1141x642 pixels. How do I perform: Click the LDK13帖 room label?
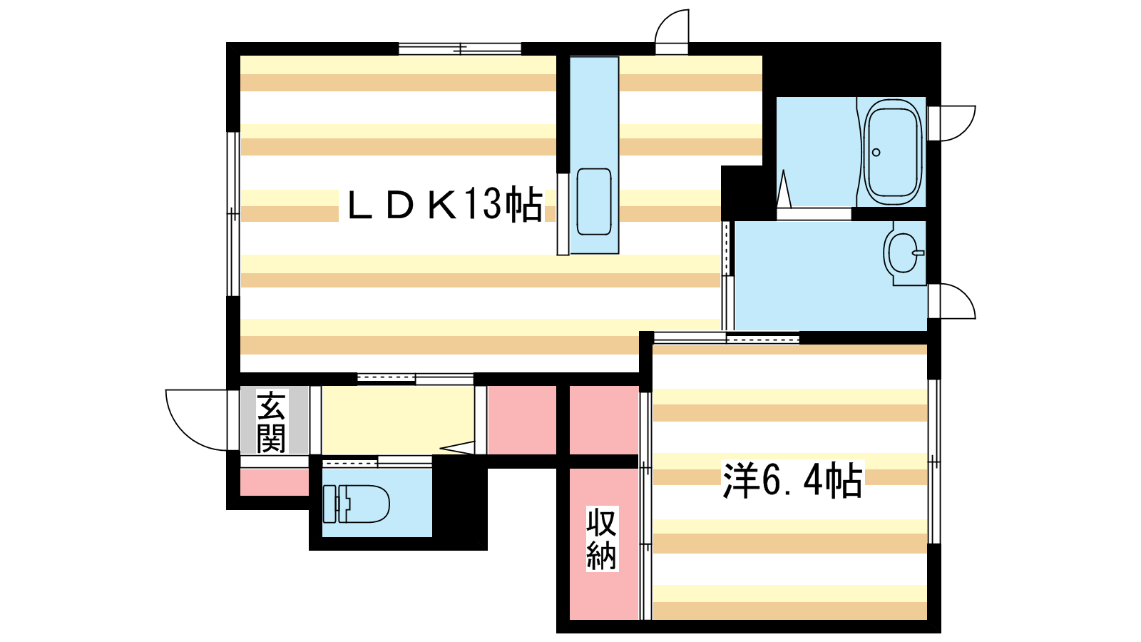pyautogui.click(x=444, y=205)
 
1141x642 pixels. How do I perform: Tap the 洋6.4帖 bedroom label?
pyautogui.click(x=792, y=480)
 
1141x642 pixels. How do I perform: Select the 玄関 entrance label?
pyautogui.click(x=271, y=422)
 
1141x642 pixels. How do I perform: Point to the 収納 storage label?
pyautogui.click(x=602, y=539)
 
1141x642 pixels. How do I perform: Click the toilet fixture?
pyautogui.click(x=356, y=504)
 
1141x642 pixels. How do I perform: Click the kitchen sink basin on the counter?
pyautogui.click(x=594, y=202)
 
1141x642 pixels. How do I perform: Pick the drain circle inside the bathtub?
pyautogui.click(x=876, y=153)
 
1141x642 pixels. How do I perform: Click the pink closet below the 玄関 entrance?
pyautogui.click(x=274, y=482)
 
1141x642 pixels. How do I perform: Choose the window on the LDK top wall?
pyautogui.click(x=460, y=49)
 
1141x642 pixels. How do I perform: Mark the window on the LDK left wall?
pyautogui.click(x=232, y=214)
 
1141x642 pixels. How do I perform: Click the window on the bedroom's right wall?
pyautogui.click(x=933, y=462)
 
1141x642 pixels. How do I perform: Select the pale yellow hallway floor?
pyautogui.click(x=397, y=420)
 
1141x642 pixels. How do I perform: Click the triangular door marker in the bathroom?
pyautogui.click(x=784, y=188)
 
